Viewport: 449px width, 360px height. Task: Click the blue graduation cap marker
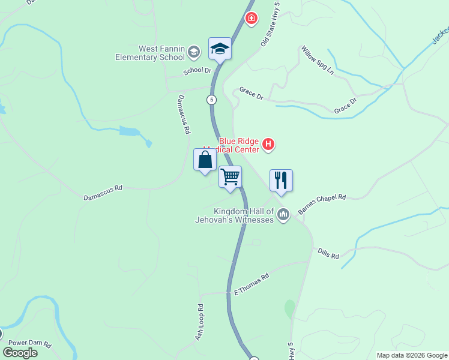click(x=220, y=48)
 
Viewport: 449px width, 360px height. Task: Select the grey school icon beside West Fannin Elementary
click(x=194, y=53)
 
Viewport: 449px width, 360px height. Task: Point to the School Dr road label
click(x=198, y=70)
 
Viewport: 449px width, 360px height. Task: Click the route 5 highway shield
click(x=211, y=99)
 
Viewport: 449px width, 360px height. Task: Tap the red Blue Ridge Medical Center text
click(x=239, y=145)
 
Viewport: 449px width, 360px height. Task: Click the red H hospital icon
click(x=268, y=145)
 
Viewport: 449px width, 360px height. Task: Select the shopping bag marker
click(x=205, y=160)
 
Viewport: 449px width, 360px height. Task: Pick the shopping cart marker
click(x=230, y=177)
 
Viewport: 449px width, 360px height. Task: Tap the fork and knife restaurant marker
click(x=281, y=180)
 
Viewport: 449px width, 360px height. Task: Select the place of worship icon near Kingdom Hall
click(x=284, y=214)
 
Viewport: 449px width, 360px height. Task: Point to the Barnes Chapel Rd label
click(x=322, y=204)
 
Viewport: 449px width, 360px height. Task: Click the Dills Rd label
click(x=328, y=254)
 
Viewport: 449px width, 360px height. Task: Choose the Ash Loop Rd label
click(x=199, y=323)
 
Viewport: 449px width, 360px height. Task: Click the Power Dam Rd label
click(x=30, y=345)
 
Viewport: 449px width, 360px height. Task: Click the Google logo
click(x=20, y=353)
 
